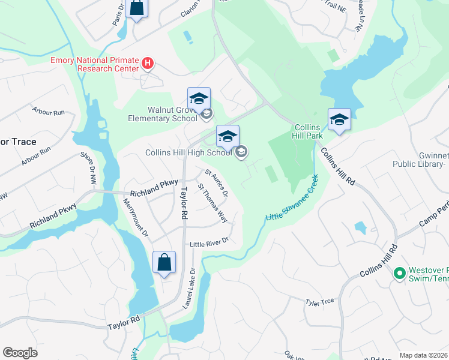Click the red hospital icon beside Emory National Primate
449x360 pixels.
tap(148, 62)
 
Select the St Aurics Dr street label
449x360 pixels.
tap(217, 183)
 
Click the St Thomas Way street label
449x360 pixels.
tap(212, 206)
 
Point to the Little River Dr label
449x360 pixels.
tap(209, 242)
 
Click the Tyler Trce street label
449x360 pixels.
tap(319, 302)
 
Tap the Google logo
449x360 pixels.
tap(20, 353)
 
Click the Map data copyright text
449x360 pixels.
tap(424, 355)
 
